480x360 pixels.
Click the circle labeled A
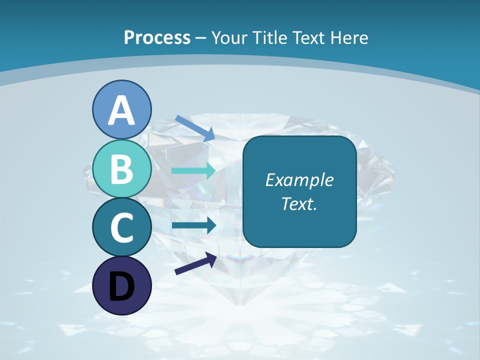(x=121, y=109)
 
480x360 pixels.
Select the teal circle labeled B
(x=121, y=168)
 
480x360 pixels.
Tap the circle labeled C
(x=121, y=227)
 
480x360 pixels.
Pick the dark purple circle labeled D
(x=121, y=285)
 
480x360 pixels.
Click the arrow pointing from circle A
(x=195, y=128)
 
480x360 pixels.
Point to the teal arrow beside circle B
(x=194, y=170)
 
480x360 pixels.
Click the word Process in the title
(x=157, y=38)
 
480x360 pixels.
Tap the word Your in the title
(x=227, y=38)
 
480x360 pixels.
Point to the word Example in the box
(x=299, y=180)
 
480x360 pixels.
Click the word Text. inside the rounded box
(x=299, y=204)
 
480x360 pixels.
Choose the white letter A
(x=121, y=110)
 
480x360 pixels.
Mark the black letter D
(x=121, y=286)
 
